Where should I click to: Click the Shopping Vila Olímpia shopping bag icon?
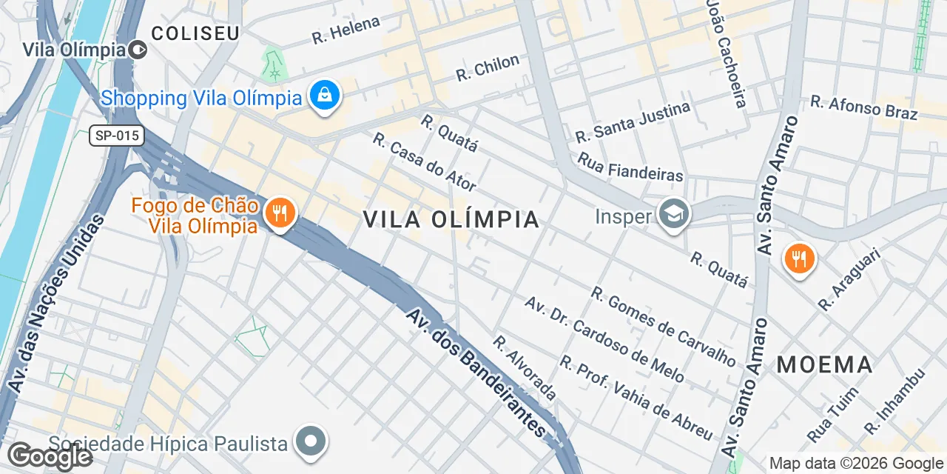coord(324,96)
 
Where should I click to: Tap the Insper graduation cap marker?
coord(674,215)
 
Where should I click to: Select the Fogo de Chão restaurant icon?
coord(280,214)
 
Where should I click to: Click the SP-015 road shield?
coord(117,136)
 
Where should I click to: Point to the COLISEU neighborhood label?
coord(195,33)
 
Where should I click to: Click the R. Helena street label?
coord(346,30)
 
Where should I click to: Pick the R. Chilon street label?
coord(488,68)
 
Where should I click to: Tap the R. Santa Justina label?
coord(633,121)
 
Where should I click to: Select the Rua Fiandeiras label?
coord(630,167)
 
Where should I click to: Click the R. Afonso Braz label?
coord(863,107)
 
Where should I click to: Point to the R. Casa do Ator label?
coord(424,161)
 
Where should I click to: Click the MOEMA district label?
coord(825,364)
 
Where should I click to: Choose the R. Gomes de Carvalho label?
coord(664,327)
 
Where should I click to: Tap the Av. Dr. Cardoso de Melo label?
coord(604,339)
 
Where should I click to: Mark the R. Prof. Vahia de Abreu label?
coord(636,398)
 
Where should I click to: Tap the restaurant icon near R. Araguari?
coord(798,259)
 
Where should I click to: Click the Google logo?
coord(50,456)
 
